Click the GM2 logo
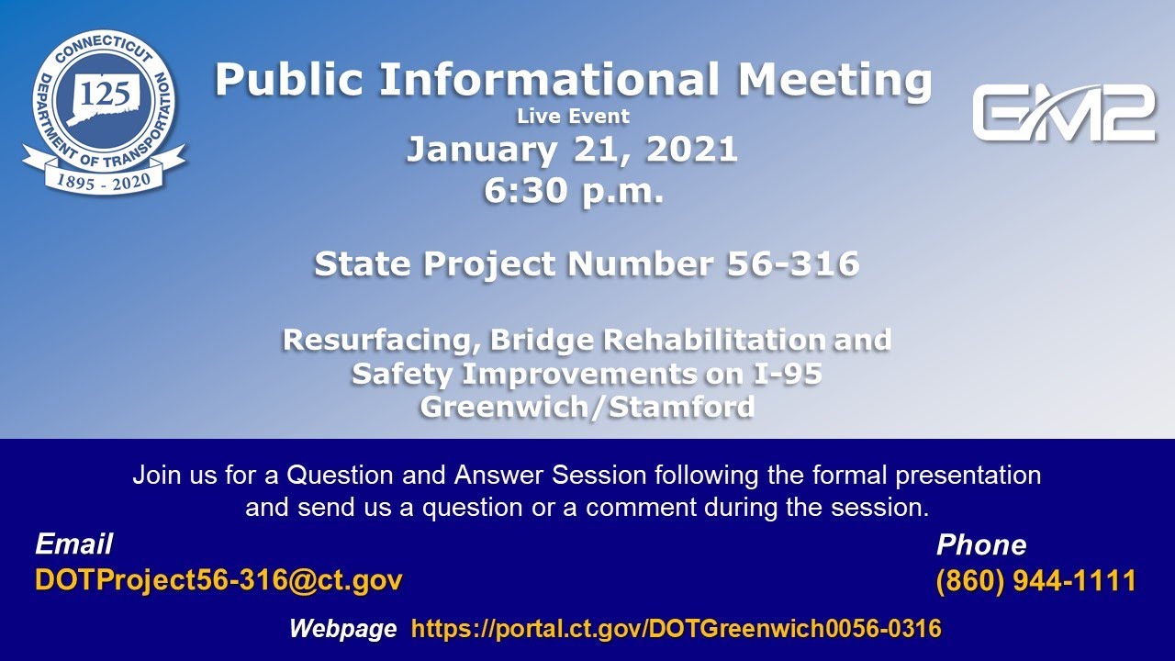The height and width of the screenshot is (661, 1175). (1063, 113)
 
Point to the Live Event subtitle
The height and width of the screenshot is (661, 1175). (573, 117)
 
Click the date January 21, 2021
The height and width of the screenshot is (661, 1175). (572, 150)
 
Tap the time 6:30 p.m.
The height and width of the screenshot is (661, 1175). (573, 192)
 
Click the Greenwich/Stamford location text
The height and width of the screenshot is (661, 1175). (587, 406)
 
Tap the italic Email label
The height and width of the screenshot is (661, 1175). (73, 544)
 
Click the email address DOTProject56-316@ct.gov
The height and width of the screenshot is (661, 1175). (218, 580)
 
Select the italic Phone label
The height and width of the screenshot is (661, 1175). (980, 545)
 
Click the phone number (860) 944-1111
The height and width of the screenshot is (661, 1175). (1035, 581)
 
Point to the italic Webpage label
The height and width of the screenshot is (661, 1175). (342, 629)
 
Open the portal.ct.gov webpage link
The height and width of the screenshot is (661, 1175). (676, 629)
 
